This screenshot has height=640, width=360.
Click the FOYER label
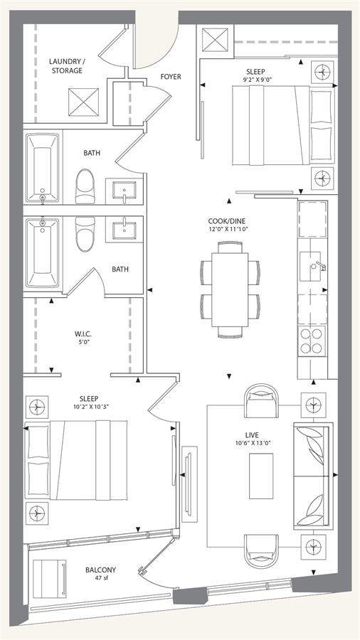click(171, 76)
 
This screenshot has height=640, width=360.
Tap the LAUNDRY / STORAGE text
click(65, 66)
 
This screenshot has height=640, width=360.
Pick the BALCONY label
click(100, 570)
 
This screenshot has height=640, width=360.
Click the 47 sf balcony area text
click(100, 578)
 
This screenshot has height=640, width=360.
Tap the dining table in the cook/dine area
click(230, 289)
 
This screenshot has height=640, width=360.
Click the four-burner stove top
click(312, 341)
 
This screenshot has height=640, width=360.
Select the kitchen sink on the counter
click(312, 267)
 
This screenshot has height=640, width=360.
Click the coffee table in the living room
click(261, 476)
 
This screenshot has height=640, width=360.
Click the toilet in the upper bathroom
click(85, 186)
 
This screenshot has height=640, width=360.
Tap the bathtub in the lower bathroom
click(42, 253)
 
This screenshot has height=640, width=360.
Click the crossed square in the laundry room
click(84, 102)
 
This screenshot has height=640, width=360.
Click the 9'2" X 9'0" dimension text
click(257, 80)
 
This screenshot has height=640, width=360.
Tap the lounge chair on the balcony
click(49, 578)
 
